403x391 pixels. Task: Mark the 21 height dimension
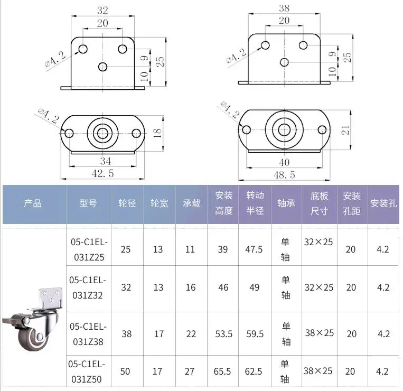point(345,130)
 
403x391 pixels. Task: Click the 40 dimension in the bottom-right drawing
point(284,162)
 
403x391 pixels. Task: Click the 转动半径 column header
point(255,203)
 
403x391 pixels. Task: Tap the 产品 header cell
point(33,203)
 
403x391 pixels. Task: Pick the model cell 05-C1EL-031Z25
point(88,249)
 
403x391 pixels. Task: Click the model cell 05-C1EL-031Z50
point(88,371)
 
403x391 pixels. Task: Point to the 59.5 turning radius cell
point(255,334)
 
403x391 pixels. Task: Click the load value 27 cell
point(190,371)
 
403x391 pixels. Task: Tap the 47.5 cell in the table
point(255,249)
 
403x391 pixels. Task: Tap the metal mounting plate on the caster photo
point(51,295)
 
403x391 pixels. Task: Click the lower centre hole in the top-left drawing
point(103,66)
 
